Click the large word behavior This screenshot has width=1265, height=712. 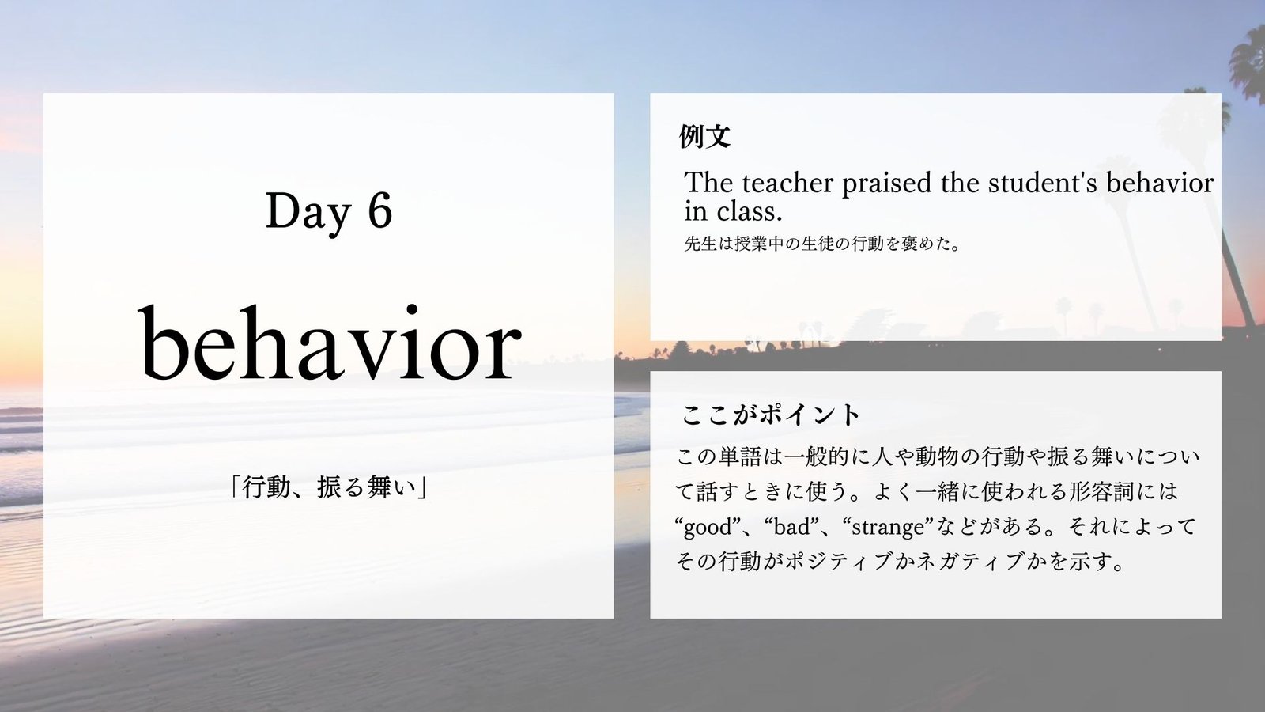coord(330,343)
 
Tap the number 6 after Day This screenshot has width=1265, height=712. coord(379,210)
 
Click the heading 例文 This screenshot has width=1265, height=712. coord(704,136)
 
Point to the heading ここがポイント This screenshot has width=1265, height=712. coord(770,415)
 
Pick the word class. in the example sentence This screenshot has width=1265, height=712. coord(750,212)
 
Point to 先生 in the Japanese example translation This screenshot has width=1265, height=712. coord(700,244)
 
